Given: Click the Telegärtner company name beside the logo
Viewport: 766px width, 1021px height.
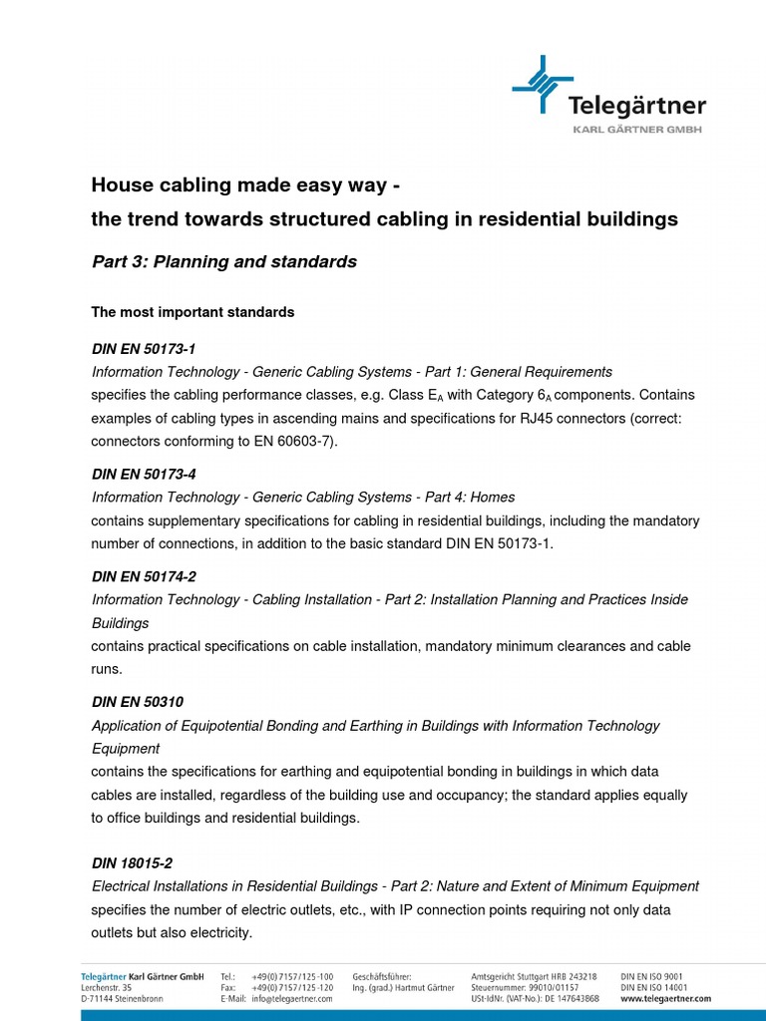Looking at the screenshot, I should tap(636, 106).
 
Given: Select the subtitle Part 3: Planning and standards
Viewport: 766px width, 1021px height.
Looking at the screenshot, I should tap(223, 262).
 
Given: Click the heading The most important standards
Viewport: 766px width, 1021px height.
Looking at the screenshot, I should tap(192, 312).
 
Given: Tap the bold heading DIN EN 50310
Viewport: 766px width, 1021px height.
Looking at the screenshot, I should tap(138, 702).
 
